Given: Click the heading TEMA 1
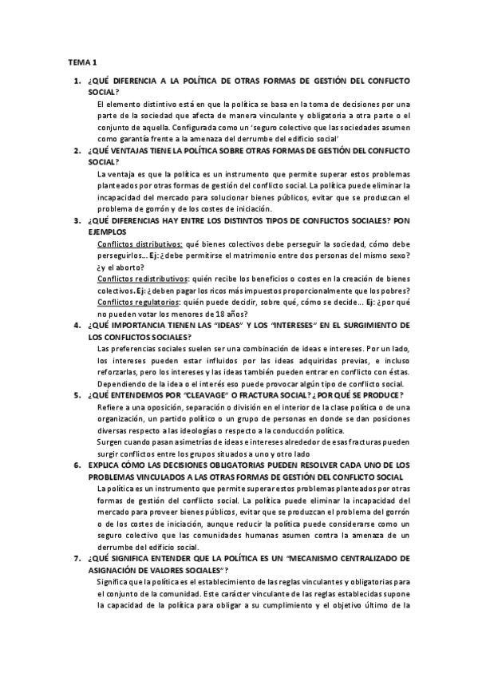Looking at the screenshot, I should pos(81,61).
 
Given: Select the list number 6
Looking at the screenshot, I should pos(77,465).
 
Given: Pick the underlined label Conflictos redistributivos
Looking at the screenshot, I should pos(142,279).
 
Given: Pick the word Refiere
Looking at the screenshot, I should pos(110,406).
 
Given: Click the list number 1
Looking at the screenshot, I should pos(77,81).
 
